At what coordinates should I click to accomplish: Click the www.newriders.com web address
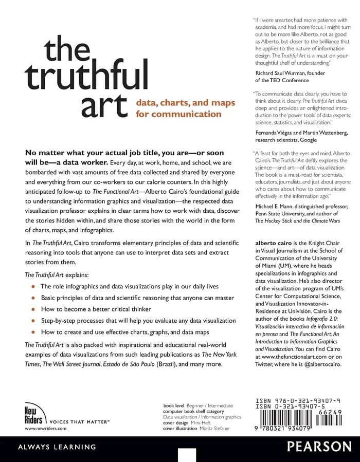pos(46,428)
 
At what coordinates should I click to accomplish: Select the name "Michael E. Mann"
pos(278,191)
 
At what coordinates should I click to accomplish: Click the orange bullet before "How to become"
pos(33,309)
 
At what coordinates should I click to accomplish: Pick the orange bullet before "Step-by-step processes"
pos(33,320)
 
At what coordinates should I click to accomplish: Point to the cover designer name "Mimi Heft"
pos(216,422)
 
